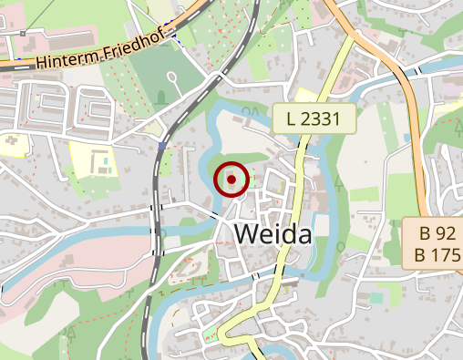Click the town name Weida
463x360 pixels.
(x=273, y=234)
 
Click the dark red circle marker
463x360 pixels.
(x=231, y=180)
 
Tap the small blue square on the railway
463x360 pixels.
(x=162, y=145)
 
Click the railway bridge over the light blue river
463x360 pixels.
(x=159, y=238)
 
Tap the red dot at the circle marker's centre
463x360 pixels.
(x=231, y=180)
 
